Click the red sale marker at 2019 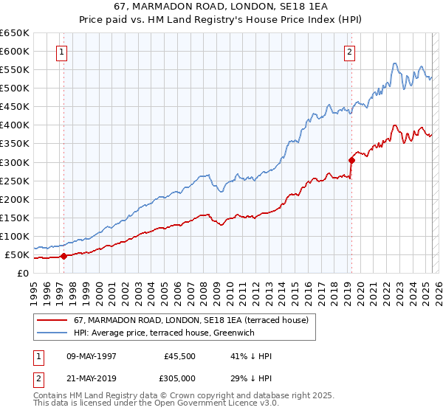[351, 159]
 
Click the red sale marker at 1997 [63, 257]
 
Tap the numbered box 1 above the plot [61, 52]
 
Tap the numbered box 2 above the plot [348, 52]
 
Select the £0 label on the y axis [22, 274]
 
